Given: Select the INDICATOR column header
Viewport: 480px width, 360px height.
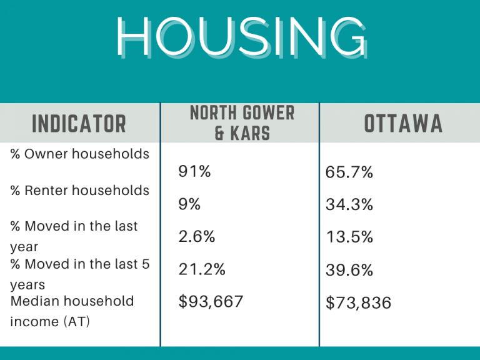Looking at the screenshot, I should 79,123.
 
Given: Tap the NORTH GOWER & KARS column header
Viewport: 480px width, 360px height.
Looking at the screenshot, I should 242,123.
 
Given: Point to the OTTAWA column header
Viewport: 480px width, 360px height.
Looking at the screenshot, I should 403,123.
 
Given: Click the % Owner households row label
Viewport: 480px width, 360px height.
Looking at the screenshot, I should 80,154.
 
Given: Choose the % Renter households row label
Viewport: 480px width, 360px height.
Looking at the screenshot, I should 80,191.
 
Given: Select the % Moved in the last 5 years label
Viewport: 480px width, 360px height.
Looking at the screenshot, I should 80,274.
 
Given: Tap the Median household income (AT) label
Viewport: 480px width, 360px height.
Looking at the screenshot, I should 72,311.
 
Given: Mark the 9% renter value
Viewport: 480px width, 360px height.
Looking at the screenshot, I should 189,204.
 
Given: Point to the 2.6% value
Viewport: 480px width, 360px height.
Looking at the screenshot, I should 197,236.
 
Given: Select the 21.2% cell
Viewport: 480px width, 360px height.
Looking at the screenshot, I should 202,269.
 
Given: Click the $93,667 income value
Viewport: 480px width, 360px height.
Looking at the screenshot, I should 211,302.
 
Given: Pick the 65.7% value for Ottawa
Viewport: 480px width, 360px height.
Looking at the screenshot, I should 349,172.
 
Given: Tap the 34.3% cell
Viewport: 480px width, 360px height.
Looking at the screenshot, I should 349,204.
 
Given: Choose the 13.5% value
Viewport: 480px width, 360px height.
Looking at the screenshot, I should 349,237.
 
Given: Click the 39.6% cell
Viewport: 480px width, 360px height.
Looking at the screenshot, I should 349,270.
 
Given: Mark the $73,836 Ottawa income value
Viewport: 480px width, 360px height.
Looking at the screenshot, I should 358,304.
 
